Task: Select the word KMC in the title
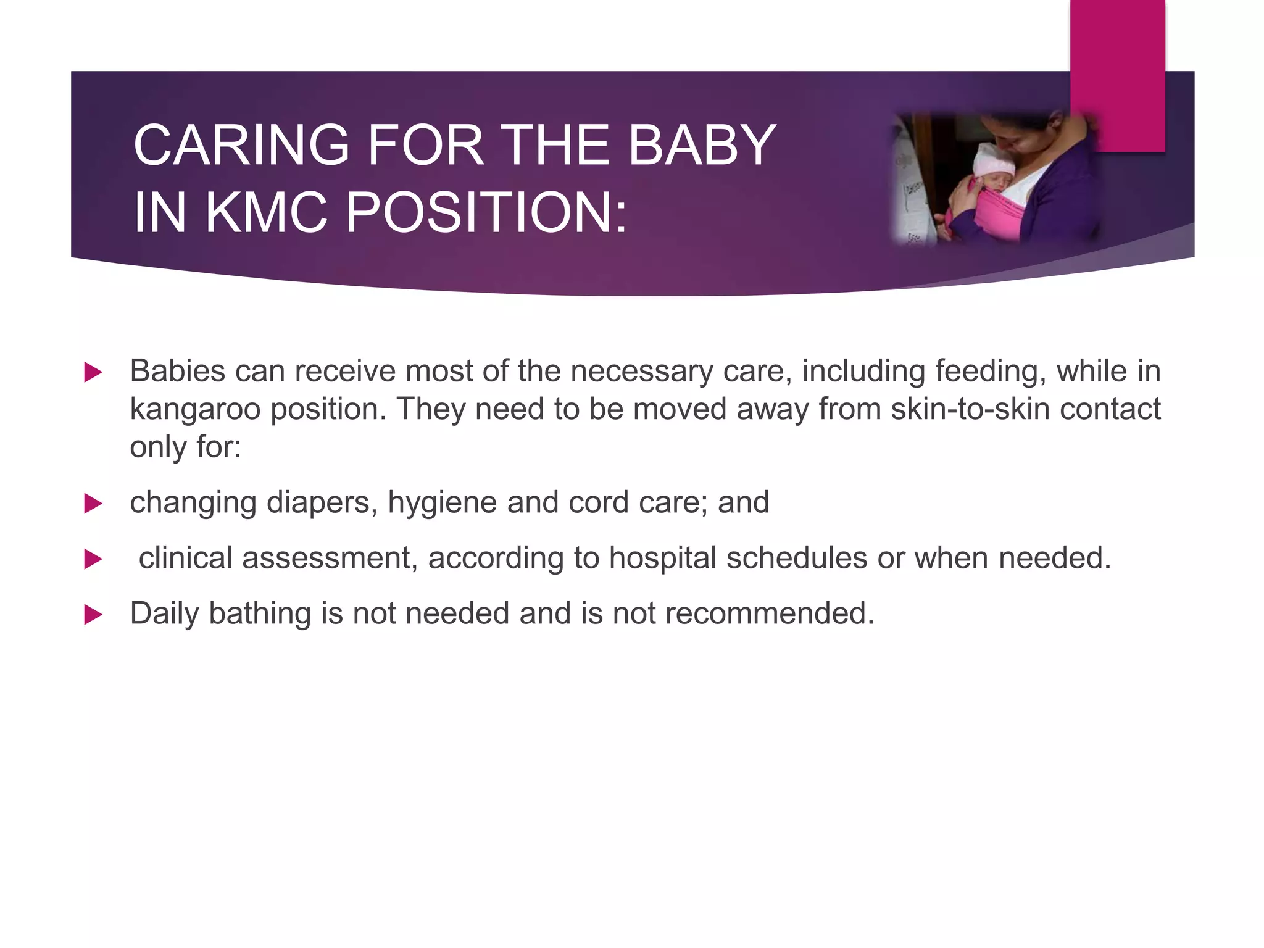point(265,213)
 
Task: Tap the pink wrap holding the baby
point(1000,210)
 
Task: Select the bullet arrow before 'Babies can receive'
point(93,372)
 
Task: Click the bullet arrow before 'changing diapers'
point(93,504)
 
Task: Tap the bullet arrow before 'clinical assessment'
point(93,559)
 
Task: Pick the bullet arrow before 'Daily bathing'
point(93,615)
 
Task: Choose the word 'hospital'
point(662,559)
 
